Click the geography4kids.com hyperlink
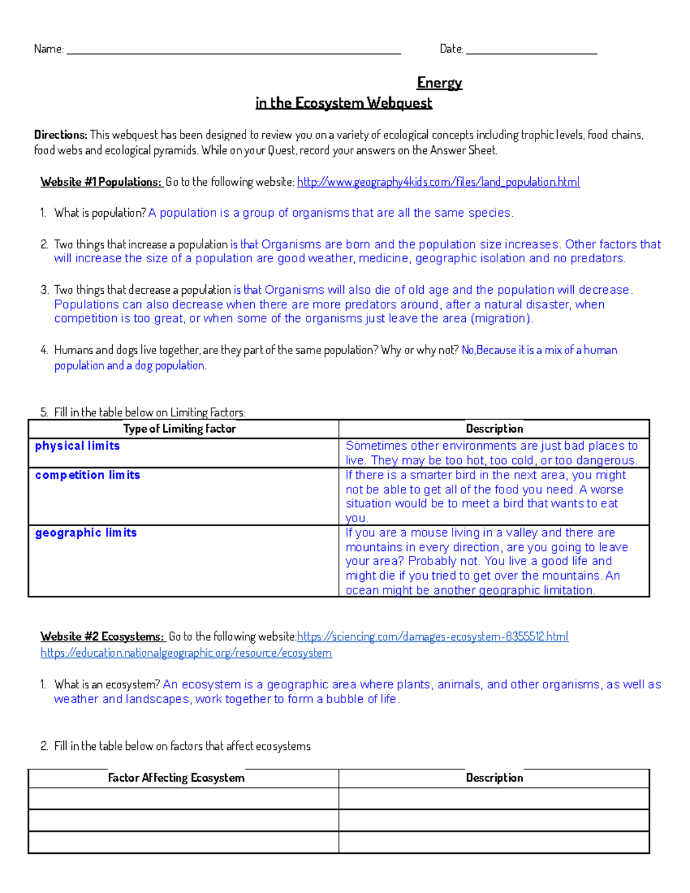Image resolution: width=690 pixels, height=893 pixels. (438, 182)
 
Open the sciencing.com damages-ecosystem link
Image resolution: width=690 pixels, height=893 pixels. (432, 637)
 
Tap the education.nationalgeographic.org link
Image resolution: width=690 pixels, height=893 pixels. (186, 653)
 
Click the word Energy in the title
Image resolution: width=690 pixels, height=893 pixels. (439, 83)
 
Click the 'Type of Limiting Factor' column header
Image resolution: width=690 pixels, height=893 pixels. (179, 429)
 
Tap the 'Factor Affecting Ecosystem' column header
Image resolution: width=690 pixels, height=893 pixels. (176, 778)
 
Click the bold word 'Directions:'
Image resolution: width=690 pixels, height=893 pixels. (60, 135)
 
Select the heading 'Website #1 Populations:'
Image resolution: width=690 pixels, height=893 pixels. (101, 182)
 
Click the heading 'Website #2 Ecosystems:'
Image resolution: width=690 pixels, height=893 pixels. (102, 637)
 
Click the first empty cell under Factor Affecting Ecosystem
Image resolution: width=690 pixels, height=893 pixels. (183, 799)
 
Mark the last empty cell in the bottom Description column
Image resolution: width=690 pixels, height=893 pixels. (494, 842)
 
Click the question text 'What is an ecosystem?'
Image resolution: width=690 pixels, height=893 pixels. (107, 685)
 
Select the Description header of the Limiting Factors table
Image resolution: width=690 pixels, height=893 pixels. (494, 429)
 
